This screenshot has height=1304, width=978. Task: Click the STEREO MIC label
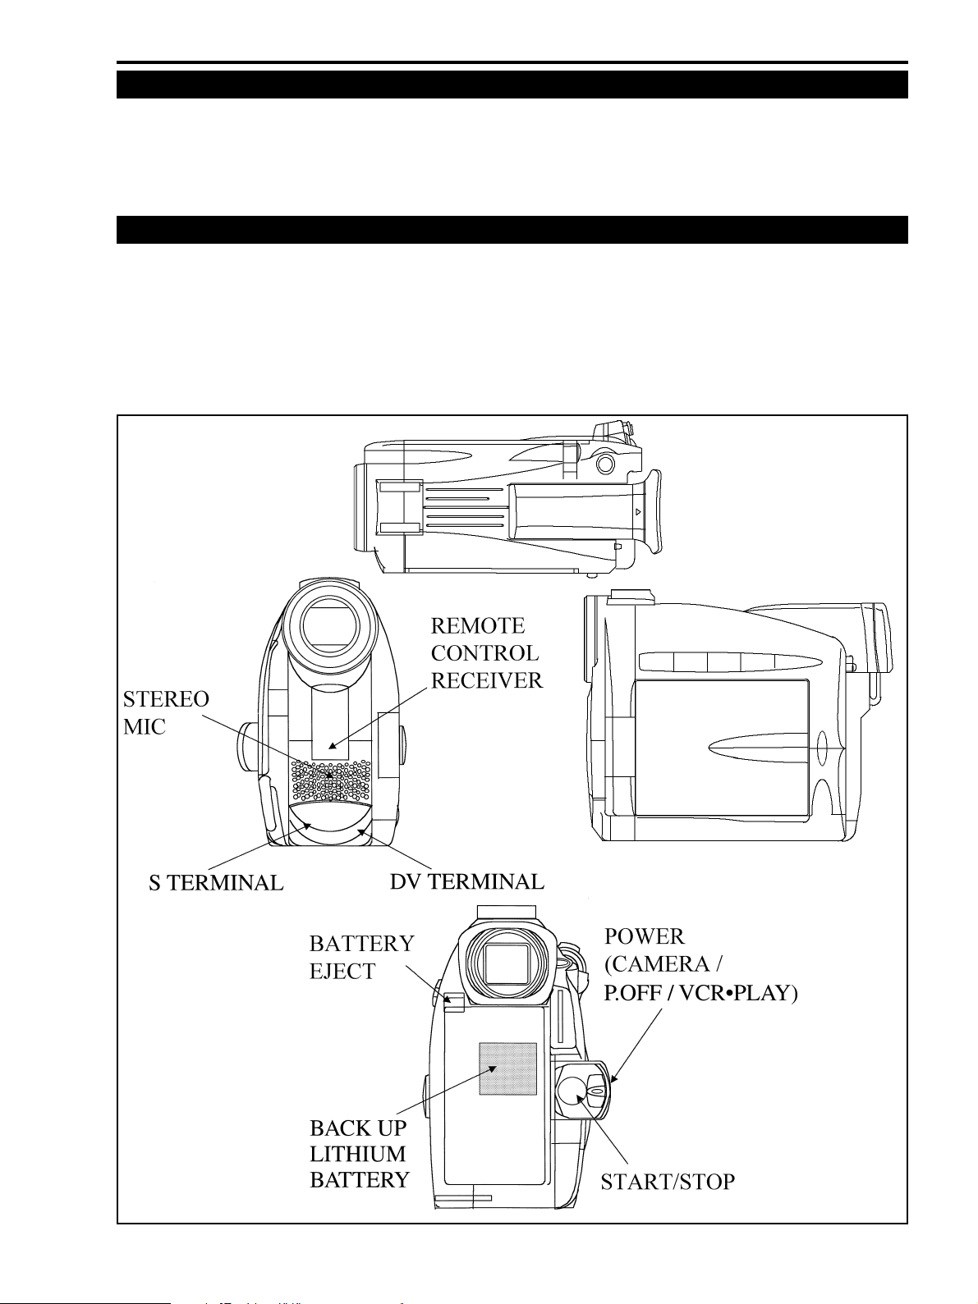point(166,712)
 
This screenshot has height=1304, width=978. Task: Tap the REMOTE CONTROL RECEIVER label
point(487,653)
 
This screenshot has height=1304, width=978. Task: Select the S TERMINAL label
point(216,883)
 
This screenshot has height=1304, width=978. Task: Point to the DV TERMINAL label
point(467,881)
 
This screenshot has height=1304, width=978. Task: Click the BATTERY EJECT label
point(361,957)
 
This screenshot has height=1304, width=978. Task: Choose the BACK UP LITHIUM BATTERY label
point(360,1154)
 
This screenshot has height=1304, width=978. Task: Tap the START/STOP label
point(668,1182)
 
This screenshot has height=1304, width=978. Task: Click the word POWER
point(644,936)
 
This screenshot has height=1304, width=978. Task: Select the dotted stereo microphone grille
point(330,780)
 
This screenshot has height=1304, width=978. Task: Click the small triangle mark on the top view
point(638,511)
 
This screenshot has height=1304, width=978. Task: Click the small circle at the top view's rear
point(605,463)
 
